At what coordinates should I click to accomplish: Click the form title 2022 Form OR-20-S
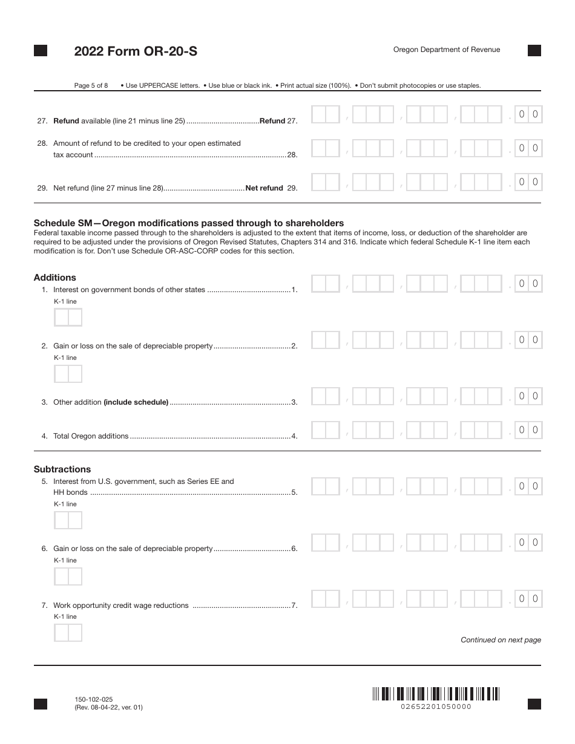click(136, 52)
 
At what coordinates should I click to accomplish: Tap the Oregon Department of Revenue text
click(447, 50)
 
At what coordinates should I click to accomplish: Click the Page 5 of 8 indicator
click(91, 85)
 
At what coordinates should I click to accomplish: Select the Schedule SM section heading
click(189, 223)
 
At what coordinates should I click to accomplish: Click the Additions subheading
click(55, 278)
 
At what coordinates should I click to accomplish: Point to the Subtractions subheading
click(62, 469)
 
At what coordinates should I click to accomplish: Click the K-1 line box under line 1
click(68, 318)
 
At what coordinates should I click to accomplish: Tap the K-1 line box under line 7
click(68, 633)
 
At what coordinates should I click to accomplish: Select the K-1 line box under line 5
click(68, 520)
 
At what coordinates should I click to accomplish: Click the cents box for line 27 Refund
click(528, 114)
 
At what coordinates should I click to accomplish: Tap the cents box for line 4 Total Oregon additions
click(528, 430)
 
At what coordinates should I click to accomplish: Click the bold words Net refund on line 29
click(264, 188)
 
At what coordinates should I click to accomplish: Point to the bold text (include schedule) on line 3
click(136, 402)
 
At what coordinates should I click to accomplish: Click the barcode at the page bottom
click(436, 694)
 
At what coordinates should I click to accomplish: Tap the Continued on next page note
click(501, 640)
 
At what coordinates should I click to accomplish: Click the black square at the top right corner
click(534, 51)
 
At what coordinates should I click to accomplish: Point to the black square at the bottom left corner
click(41, 703)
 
